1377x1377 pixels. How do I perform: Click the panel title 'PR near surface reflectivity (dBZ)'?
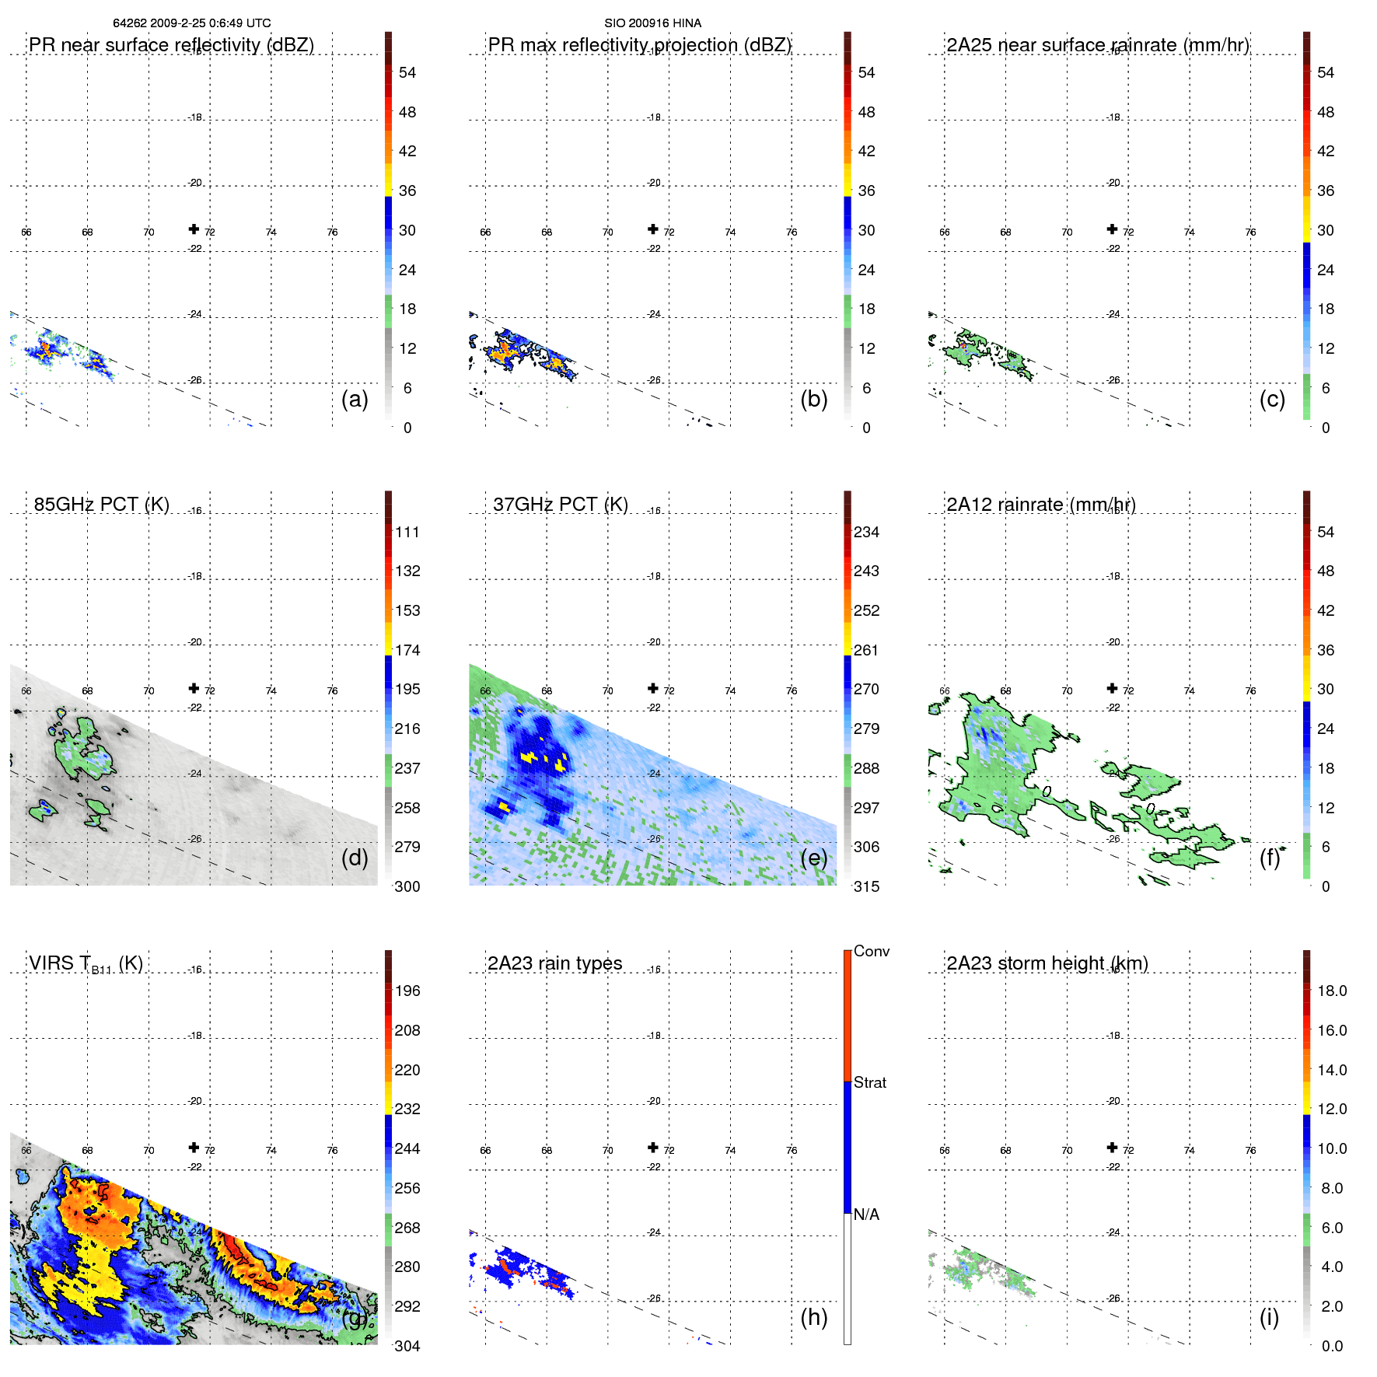click(171, 45)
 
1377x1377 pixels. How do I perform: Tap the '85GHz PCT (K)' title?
click(101, 505)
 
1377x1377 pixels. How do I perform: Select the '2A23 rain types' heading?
click(554, 963)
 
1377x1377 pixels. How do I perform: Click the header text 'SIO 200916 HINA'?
click(652, 23)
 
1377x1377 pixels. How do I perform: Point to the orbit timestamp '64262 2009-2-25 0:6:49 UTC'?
click(191, 23)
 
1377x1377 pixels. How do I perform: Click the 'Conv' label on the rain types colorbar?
click(871, 951)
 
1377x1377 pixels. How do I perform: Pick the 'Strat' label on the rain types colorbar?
click(869, 1082)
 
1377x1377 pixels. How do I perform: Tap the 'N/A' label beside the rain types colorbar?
click(866, 1214)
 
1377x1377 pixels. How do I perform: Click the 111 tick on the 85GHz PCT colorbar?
click(407, 532)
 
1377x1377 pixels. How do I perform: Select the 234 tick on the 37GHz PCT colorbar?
click(866, 532)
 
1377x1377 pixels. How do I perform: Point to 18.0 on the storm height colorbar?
click(1331, 991)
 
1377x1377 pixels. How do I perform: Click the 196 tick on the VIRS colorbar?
click(407, 991)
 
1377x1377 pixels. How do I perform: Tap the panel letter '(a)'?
click(355, 399)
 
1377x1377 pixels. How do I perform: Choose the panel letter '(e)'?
click(813, 858)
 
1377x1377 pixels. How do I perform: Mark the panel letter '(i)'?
click(1269, 1317)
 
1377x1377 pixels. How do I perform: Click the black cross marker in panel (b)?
click(653, 229)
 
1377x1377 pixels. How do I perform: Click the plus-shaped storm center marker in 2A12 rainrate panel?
click(1112, 688)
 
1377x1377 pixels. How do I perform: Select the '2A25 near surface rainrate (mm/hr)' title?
click(1097, 45)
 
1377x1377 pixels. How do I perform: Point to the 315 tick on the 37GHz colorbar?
click(866, 886)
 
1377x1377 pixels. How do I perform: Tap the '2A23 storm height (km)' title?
click(1047, 963)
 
